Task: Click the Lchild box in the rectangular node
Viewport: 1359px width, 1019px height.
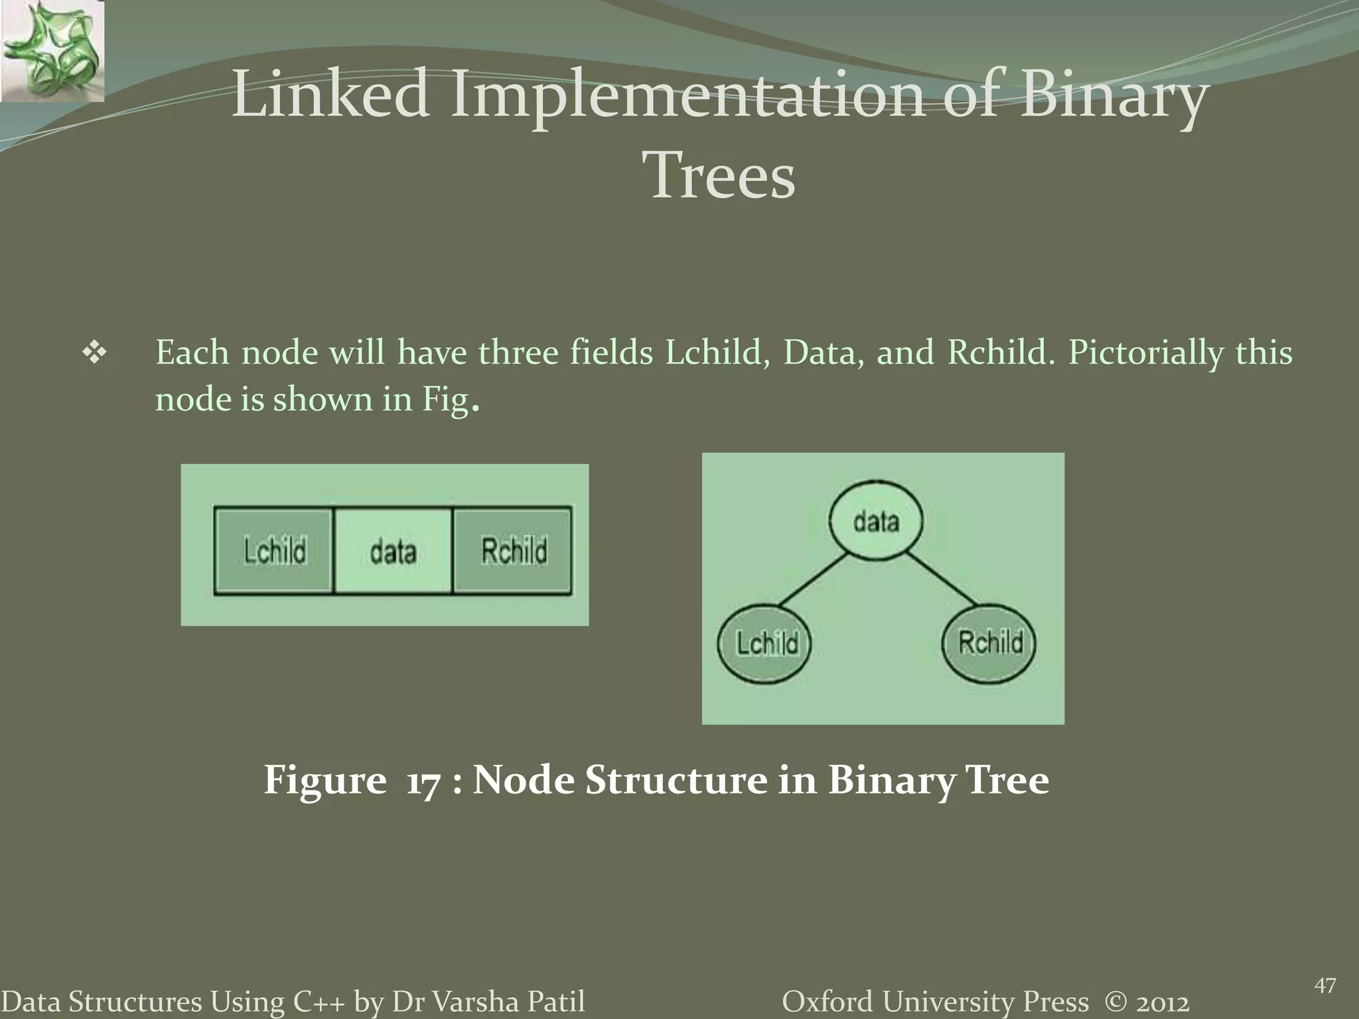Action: (273, 551)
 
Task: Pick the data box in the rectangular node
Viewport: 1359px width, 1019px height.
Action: (393, 551)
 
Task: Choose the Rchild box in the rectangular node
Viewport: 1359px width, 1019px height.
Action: (512, 551)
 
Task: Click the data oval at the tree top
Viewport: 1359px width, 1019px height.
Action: (875, 521)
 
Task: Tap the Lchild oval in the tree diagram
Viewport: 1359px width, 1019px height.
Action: (765, 644)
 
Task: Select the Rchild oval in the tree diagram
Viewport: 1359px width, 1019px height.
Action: (989, 642)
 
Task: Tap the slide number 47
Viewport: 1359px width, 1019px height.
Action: (1324, 986)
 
